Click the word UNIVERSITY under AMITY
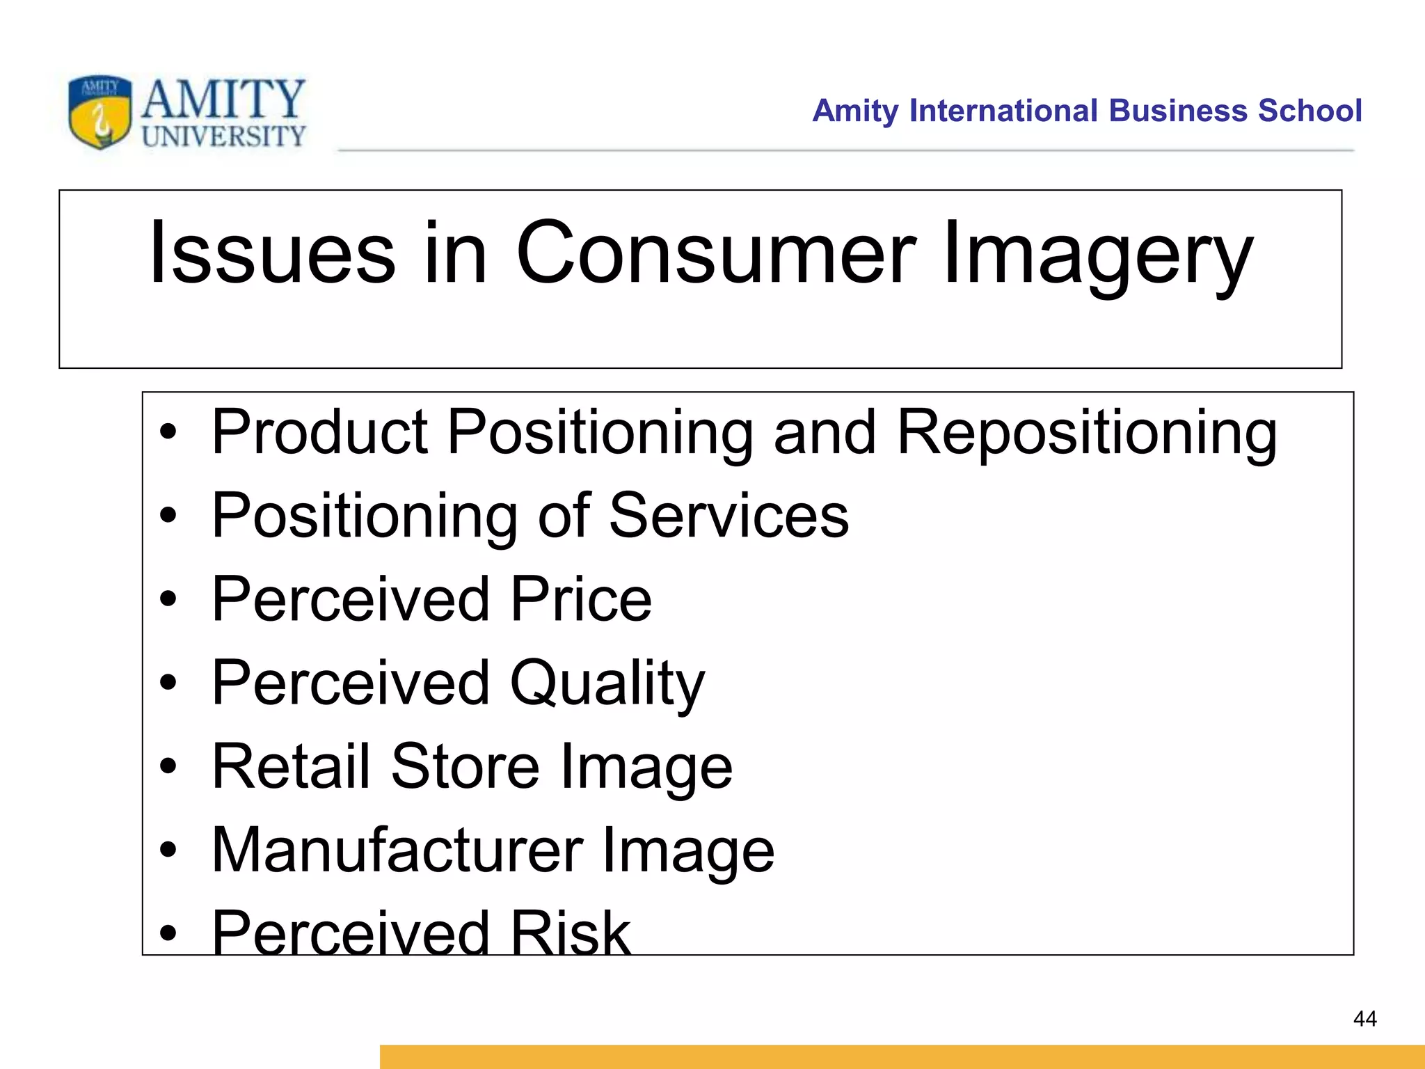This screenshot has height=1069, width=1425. click(223, 136)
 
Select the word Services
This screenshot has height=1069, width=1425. click(729, 516)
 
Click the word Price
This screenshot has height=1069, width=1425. click(581, 599)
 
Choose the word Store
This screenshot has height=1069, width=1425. click(465, 766)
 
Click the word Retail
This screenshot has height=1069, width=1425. click(291, 766)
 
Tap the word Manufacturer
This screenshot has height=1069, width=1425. click(397, 850)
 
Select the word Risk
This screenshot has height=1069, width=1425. click(570, 933)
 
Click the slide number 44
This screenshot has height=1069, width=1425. click(1364, 1019)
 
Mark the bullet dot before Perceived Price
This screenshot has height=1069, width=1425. click(168, 599)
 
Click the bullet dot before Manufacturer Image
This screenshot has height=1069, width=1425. click(168, 850)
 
